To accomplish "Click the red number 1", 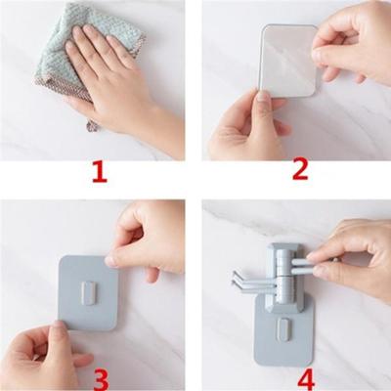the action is coord(100,173).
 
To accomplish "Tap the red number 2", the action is coord(300,170).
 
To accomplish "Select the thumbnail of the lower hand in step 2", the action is coord(263,98).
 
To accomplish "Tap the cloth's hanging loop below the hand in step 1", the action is coord(92,124).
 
